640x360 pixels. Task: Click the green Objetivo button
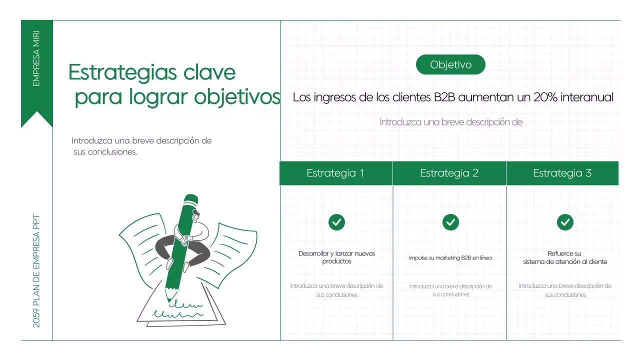[450, 64]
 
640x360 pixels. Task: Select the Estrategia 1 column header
[335, 173]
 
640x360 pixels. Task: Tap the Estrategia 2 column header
[449, 173]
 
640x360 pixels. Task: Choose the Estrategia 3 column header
[562, 173]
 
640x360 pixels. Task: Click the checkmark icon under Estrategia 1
[336, 222]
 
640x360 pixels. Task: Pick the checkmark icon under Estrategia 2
[450, 222]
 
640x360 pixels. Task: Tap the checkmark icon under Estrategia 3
[565, 222]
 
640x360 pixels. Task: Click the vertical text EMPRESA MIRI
[36, 58]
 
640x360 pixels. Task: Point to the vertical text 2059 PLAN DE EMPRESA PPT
[36, 271]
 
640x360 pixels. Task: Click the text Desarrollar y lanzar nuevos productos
[336, 257]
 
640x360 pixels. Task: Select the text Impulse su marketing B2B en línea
[450, 258]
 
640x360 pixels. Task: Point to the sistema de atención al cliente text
[565, 261]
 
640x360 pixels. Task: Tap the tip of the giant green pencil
[169, 298]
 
